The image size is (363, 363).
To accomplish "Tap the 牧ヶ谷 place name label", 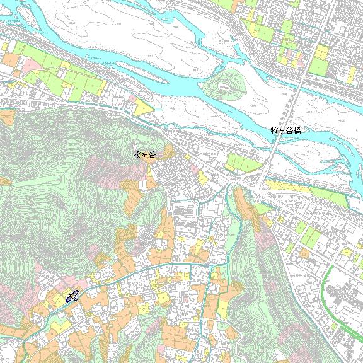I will pos(144,154).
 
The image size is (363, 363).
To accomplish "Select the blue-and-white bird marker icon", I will pos(72,296).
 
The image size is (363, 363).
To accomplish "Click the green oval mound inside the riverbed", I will pos(227,84).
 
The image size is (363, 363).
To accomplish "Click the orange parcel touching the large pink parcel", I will pos(11,60).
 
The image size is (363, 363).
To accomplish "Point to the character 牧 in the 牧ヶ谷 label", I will pos(137,154).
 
